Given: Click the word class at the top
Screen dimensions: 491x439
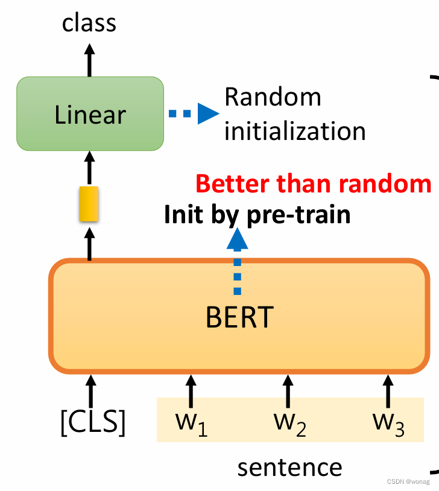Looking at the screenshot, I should [89, 23].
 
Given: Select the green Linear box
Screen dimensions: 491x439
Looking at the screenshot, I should [90, 114].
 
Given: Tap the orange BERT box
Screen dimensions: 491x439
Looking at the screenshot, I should [239, 316].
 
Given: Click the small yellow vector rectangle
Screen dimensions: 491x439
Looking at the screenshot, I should [89, 204].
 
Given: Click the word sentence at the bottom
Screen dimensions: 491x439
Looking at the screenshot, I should [289, 467].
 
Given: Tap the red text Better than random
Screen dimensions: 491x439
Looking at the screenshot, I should [314, 183].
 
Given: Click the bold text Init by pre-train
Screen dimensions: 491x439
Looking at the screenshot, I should [257, 214].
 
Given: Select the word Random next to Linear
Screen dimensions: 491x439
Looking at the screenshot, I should [273, 97].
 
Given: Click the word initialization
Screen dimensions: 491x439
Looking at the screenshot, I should [295, 131].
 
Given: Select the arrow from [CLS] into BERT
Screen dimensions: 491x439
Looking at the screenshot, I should [90, 391].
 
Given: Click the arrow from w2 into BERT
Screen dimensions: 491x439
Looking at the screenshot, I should [288, 391].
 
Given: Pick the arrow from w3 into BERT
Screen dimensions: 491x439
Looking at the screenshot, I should [387, 391].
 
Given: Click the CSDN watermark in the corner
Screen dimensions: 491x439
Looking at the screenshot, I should [408, 482].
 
